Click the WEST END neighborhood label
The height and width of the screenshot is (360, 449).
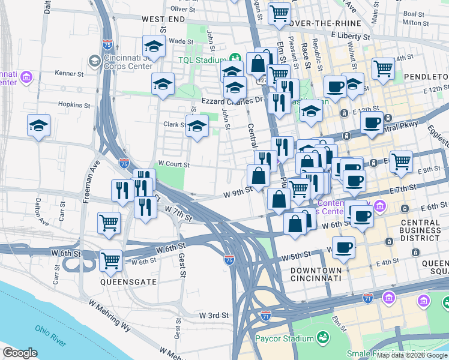tap(163, 20)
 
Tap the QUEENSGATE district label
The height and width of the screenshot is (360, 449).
tap(129, 281)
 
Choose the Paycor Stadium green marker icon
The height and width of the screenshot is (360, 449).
tap(324, 338)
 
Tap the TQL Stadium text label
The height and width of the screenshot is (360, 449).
tap(201, 60)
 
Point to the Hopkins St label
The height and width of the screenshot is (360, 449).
tap(74, 104)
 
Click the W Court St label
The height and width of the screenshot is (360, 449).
tap(173, 164)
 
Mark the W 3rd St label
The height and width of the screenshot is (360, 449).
tap(214, 315)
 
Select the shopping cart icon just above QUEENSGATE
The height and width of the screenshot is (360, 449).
tap(110, 260)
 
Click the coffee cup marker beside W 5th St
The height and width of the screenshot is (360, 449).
tap(343, 247)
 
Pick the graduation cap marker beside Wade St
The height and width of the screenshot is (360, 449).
tap(154, 46)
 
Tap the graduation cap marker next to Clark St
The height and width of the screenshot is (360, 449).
tap(197, 127)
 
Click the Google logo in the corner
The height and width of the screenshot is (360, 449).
tap(20, 353)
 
